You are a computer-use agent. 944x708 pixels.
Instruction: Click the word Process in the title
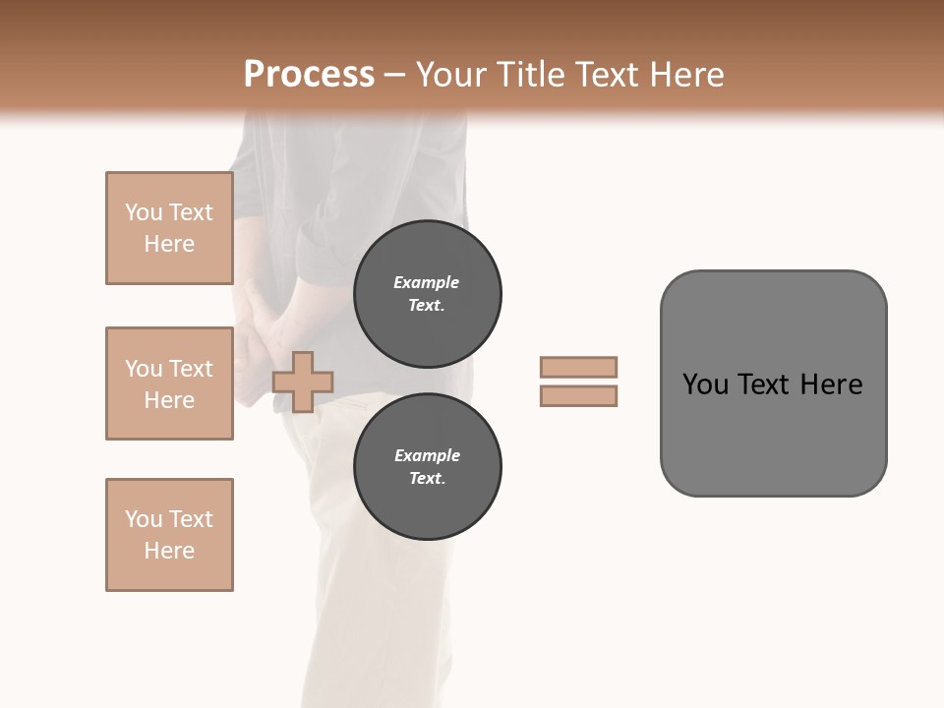coord(309,75)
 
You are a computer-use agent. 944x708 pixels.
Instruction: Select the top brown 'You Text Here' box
coord(169,228)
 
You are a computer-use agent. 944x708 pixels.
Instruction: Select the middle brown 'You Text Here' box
coord(169,383)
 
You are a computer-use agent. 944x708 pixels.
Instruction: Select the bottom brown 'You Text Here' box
coord(169,535)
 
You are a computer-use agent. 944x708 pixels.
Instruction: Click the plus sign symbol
coord(303,382)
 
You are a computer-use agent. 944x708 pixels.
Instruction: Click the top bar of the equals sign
coord(578,367)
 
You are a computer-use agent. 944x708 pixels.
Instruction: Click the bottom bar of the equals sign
coord(578,395)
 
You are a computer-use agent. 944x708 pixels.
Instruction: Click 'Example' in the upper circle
coord(426,282)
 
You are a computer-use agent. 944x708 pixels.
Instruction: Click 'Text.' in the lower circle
coord(427,478)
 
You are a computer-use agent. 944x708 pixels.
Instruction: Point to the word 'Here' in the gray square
coord(831,384)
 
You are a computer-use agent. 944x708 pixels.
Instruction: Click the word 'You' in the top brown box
coord(144,212)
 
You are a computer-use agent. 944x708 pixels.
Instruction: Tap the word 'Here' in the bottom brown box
coord(169,551)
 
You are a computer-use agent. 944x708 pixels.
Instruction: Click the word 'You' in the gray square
coord(706,384)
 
